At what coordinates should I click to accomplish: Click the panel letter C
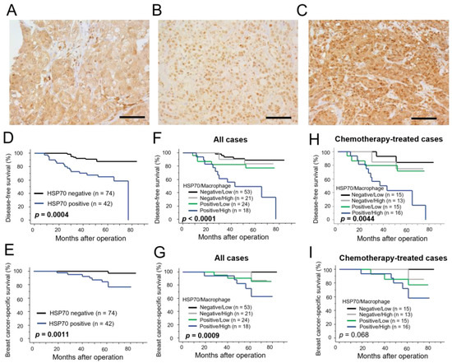(x=311, y=8)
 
